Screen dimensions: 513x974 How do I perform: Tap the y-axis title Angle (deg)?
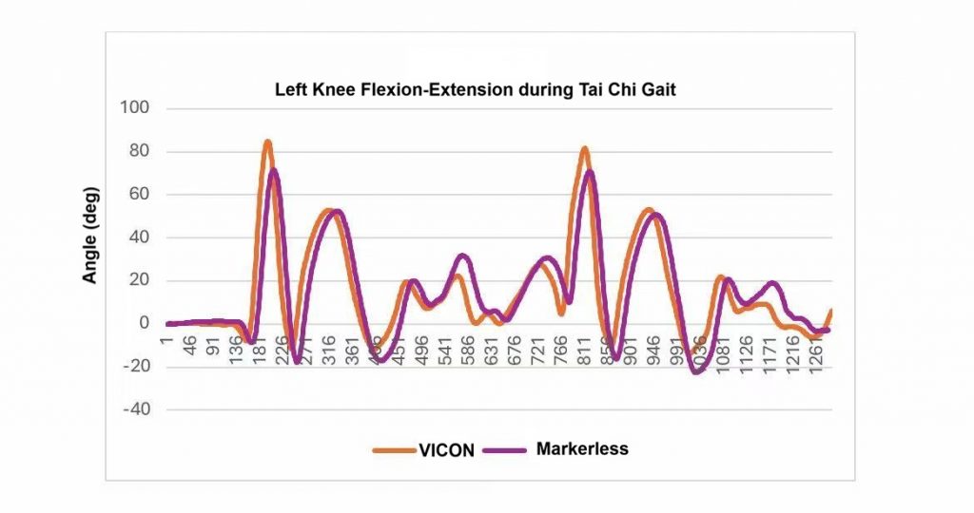[x=91, y=234]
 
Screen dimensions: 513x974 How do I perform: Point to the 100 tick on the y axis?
[x=135, y=108]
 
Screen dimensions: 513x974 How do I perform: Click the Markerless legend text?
[x=581, y=448]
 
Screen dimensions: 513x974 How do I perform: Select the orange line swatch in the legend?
[x=388, y=450]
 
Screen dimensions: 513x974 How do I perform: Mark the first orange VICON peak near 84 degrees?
[x=267, y=143]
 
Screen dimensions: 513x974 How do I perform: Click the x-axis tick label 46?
[x=190, y=343]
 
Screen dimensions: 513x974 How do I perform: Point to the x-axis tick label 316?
[x=328, y=347]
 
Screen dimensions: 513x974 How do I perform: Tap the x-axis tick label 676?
[x=514, y=347]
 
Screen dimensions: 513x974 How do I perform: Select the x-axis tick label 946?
[x=652, y=347]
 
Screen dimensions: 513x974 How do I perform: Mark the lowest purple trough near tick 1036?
[x=696, y=371]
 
